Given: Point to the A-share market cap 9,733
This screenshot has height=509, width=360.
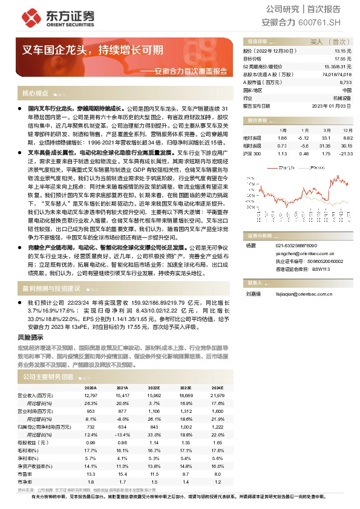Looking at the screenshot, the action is coord(345,82).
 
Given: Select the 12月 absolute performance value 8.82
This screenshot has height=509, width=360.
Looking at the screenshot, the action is coord(345,138).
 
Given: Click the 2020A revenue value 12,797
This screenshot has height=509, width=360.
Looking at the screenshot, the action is coord(91,394).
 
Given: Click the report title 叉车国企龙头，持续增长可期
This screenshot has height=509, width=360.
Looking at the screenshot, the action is coord(93,50).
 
